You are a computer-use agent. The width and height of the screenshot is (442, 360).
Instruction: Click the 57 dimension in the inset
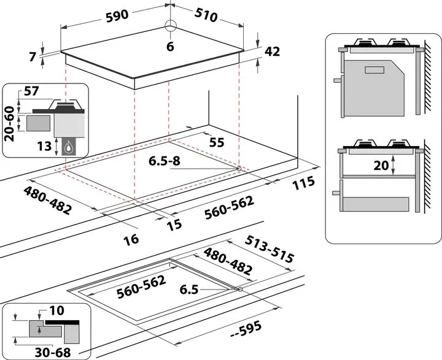pos(31,91)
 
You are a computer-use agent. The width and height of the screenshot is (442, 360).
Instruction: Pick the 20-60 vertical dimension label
pos(9,123)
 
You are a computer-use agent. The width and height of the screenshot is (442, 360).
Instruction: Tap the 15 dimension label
pos(174,224)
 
